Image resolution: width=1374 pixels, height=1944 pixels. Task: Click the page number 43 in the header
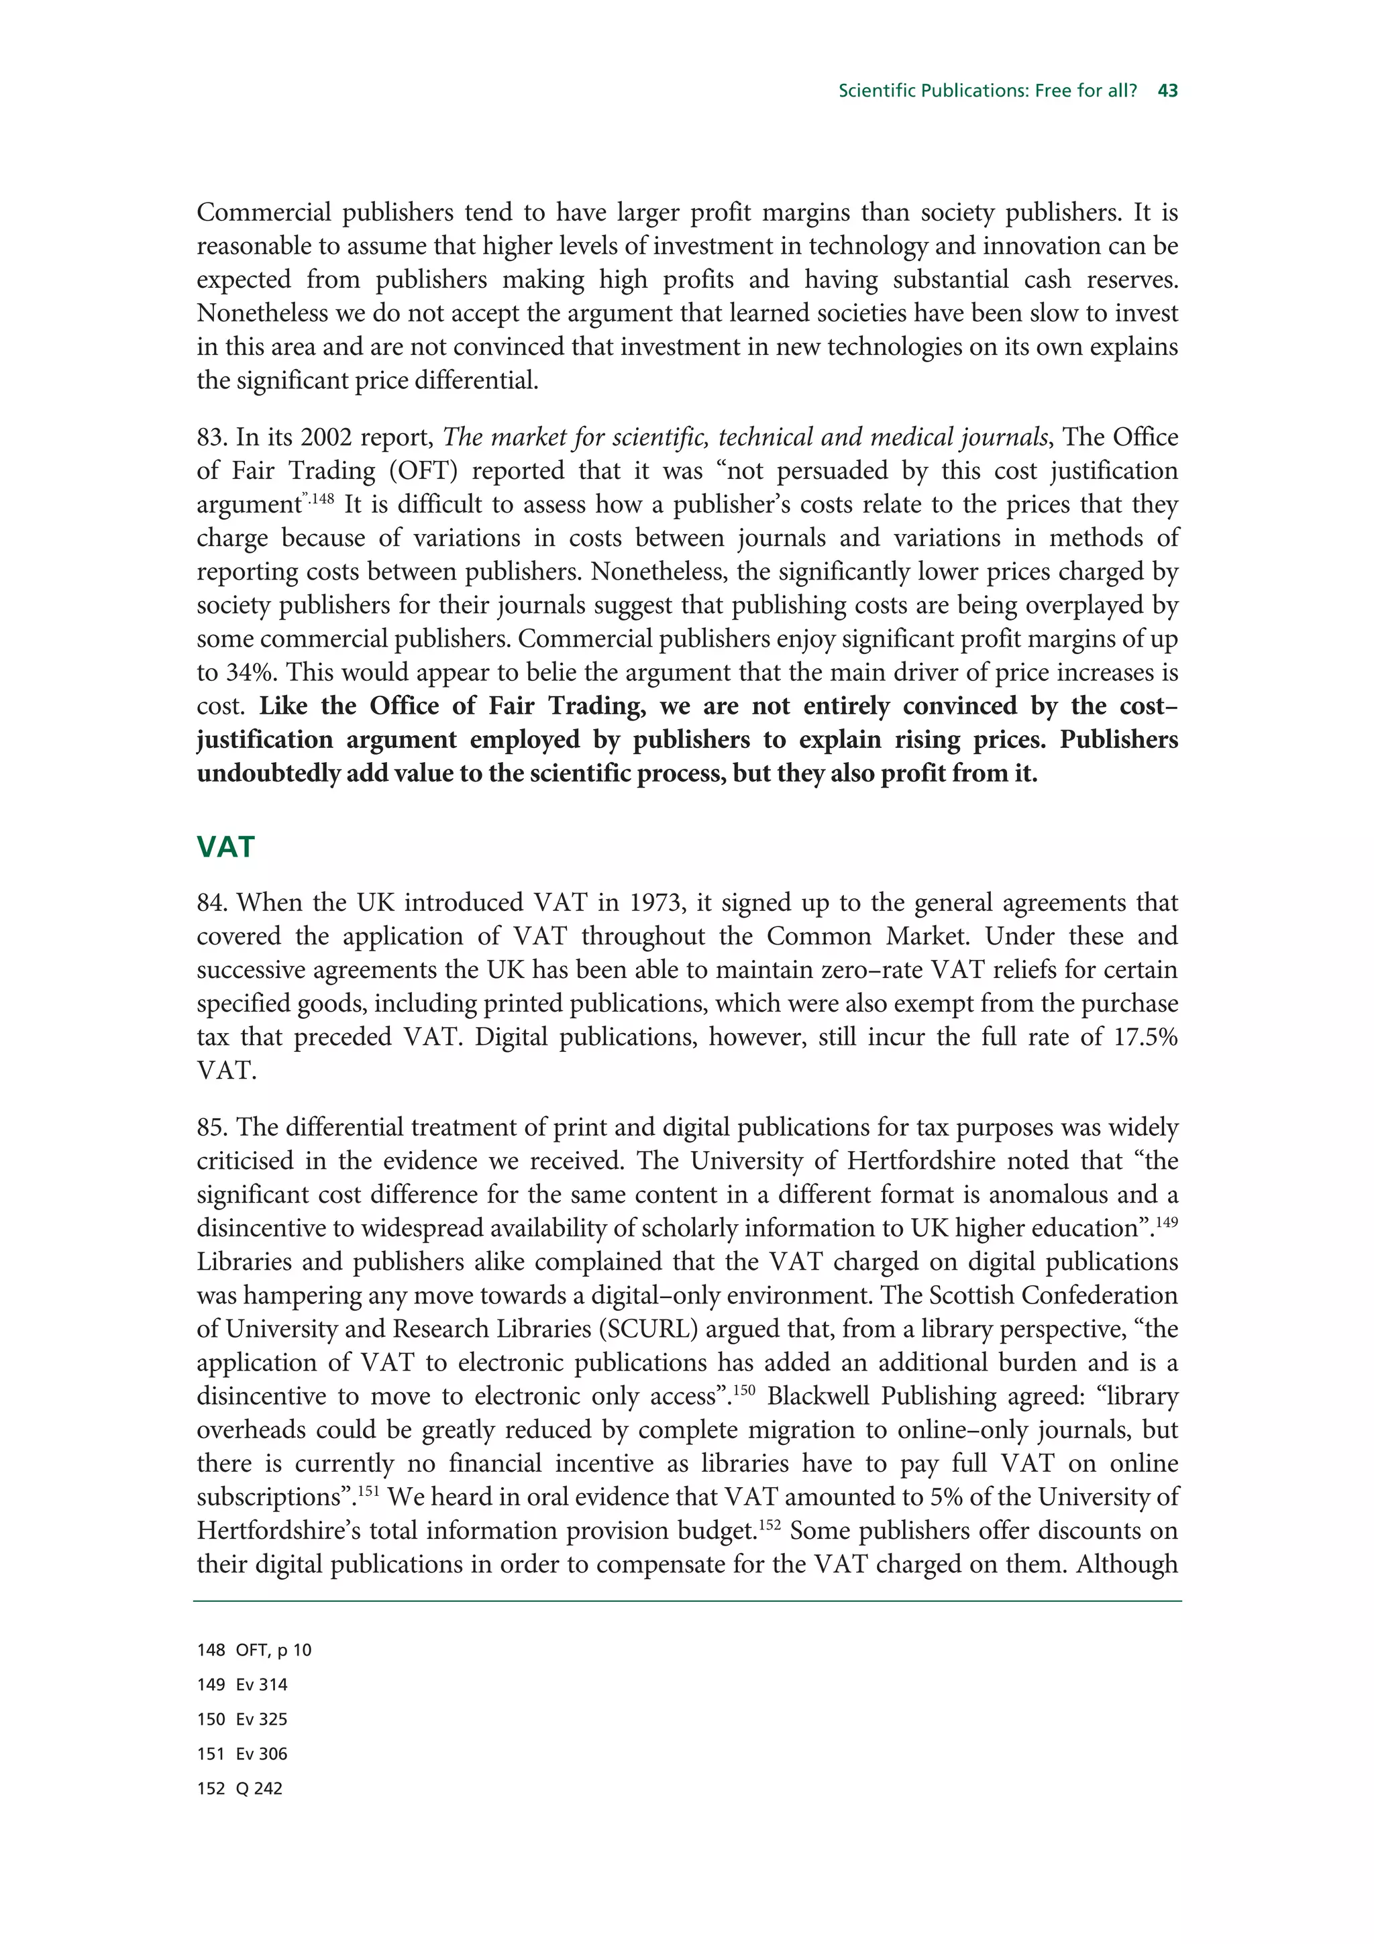pos(1167,91)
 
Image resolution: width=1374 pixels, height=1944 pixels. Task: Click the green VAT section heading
pos(225,847)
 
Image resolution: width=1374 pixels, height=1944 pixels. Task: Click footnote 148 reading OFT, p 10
pos(255,1650)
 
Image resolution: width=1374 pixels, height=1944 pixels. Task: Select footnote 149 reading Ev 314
pos(243,1685)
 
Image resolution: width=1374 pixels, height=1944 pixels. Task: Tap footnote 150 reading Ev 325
pos(243,1720)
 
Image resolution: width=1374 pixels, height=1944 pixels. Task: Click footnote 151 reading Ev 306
pos(243,1754)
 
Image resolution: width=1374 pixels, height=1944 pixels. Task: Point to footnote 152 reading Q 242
pos(240,1789)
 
